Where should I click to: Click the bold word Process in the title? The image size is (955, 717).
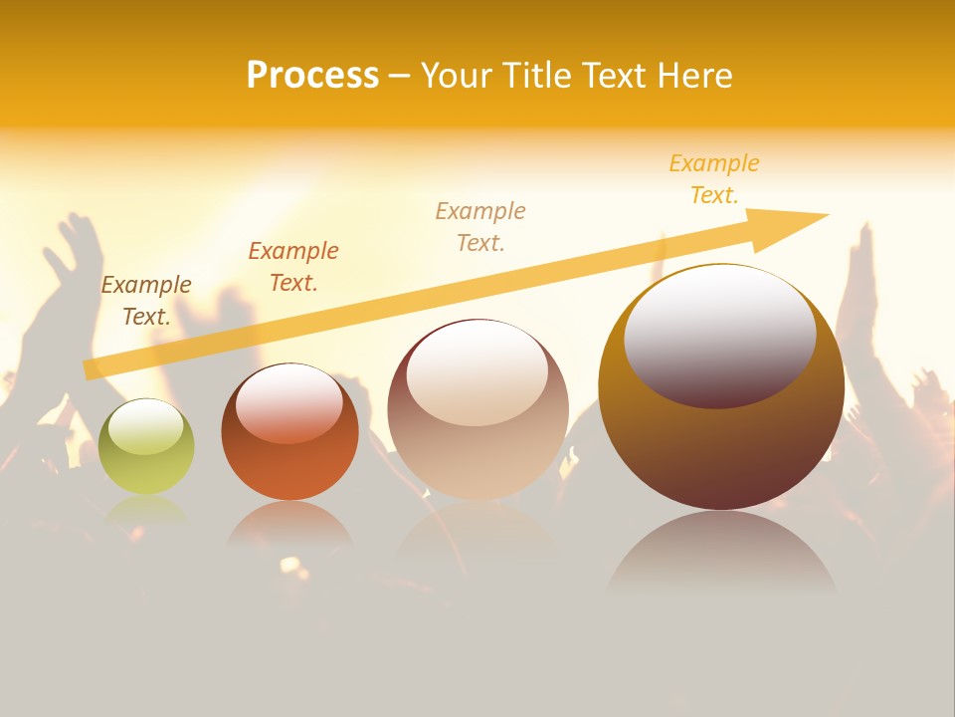click(312, 75)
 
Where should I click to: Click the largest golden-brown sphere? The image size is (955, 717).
click(721, 438)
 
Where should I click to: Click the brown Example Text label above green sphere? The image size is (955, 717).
click(146, 301)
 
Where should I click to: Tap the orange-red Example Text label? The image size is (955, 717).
click(293, 266)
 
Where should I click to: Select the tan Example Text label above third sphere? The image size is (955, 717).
click(480, 226)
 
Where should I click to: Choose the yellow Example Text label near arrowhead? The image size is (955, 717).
click(713, 179)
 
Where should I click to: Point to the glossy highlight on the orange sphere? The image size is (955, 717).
click(289, 403)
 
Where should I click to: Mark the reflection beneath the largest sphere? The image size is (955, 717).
click(721, 553)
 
